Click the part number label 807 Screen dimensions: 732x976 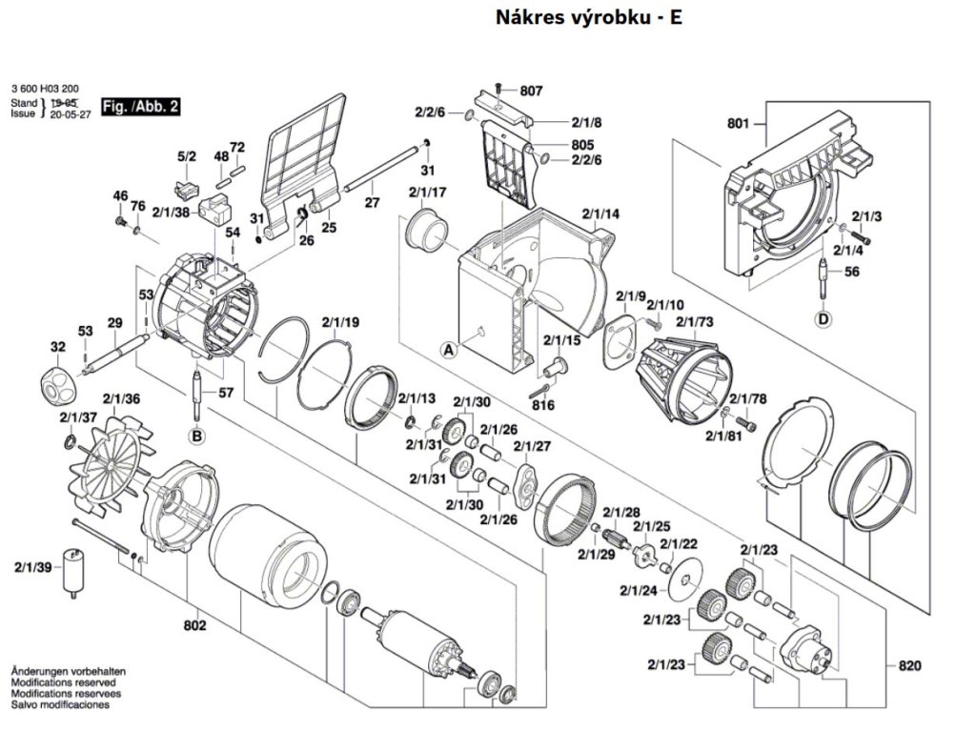pos(532,91)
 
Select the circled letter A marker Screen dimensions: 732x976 pos(448,350)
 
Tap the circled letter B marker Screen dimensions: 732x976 pos(196,437)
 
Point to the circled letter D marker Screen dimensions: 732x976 pos(823,318)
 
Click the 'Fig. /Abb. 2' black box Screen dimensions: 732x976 pos(140,107)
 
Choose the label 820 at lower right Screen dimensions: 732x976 pos(910,665)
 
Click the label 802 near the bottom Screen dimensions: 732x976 pos(195,626)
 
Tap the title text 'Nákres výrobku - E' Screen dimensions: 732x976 pos(589,17)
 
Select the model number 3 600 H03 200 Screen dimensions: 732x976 pos(45,89)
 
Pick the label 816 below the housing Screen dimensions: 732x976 pos(543,405)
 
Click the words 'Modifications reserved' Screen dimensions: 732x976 pos(63,683)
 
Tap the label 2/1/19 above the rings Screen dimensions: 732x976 pos(340,322)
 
